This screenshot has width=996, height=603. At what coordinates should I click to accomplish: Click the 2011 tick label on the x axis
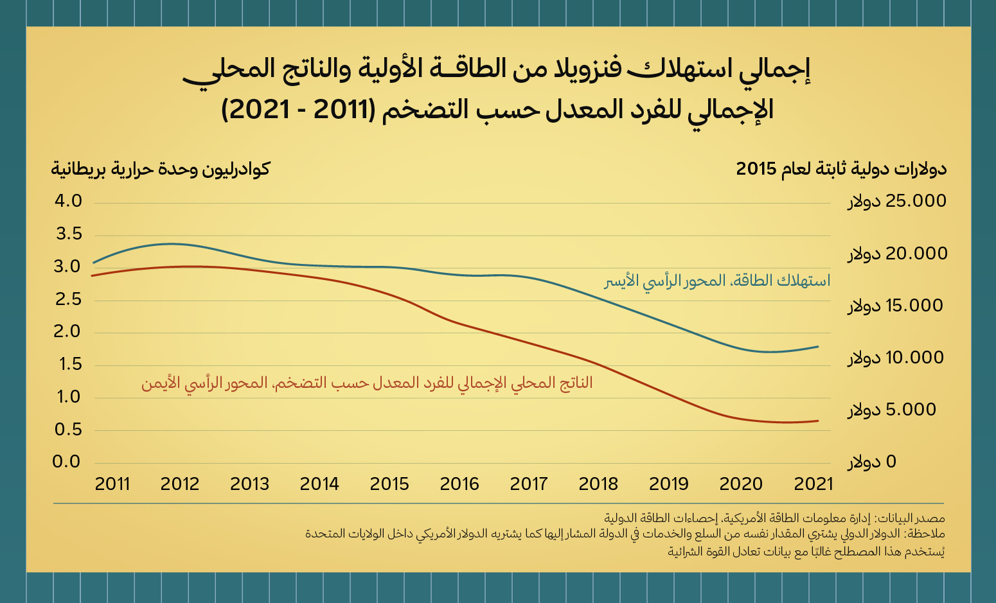[x=112, y=484]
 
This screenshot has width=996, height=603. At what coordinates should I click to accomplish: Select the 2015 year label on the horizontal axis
[x=389, y=484]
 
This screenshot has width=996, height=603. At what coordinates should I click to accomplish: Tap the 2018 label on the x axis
[x=598, y=484]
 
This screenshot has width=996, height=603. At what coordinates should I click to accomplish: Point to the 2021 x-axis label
[x=813, y=484]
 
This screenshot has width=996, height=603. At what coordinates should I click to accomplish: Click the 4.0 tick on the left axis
[x=68, y=202]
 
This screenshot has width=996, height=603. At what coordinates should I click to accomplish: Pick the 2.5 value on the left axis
[x=68, y=299]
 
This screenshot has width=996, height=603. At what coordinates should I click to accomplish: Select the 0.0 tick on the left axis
[x=66, y=462]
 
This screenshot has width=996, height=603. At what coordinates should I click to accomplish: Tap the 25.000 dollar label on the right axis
[x=897, y=202]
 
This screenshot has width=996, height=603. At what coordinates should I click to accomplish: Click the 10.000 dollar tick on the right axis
[x=896, y=358]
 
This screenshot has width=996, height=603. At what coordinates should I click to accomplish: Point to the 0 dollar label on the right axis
[x=872, y=462]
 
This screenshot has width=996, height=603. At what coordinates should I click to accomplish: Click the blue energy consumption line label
[x=717, y=281]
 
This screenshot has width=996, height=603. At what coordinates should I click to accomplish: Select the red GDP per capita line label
[x=367, y=383]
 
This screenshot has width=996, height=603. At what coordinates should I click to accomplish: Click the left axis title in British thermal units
[x=161, y=169]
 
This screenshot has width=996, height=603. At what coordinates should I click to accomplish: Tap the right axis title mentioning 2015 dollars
[x=841, y=169]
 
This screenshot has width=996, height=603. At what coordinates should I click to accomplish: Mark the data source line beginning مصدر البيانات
[x=774, y=518]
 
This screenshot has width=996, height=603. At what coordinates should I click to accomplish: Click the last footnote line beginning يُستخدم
[x=806, y=551]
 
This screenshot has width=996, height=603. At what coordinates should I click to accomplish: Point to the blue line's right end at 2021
[x=818, y=347]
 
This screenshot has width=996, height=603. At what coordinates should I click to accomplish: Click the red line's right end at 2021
[x=818, y=421]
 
